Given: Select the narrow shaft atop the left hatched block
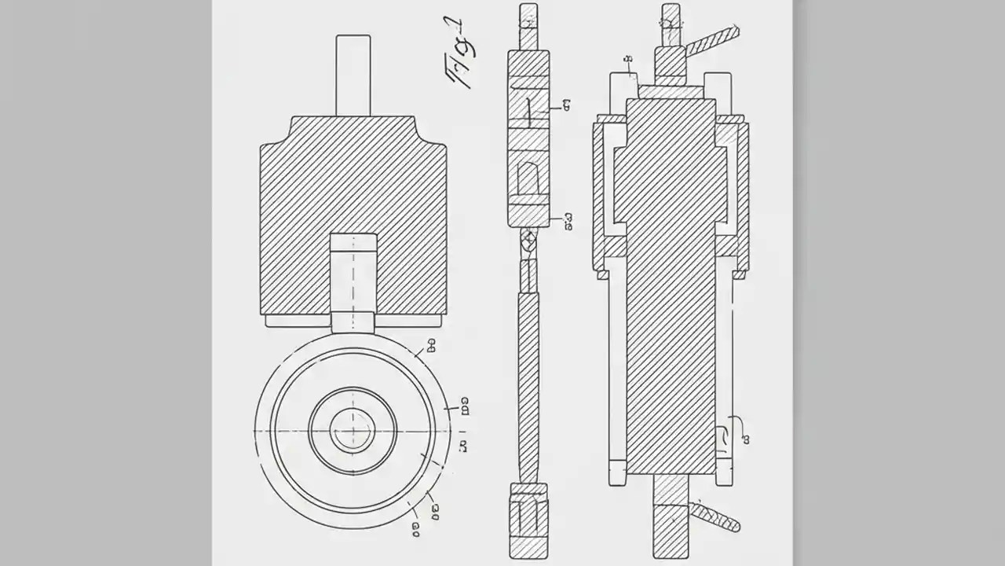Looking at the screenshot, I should (353, 75).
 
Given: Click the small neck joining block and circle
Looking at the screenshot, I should (353, 322).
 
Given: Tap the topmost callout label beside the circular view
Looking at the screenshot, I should (430, 343).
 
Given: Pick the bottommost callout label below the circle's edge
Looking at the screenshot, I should (415, 531).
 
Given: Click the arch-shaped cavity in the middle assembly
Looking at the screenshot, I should (528, 177).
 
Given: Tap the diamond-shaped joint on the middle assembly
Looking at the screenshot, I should (528, 239).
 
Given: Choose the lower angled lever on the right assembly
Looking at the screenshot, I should (714, 516).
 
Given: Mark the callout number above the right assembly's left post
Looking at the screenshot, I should (628, 60).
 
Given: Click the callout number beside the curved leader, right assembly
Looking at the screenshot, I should (746, 439).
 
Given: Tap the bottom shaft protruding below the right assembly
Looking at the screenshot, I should (671, 519).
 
